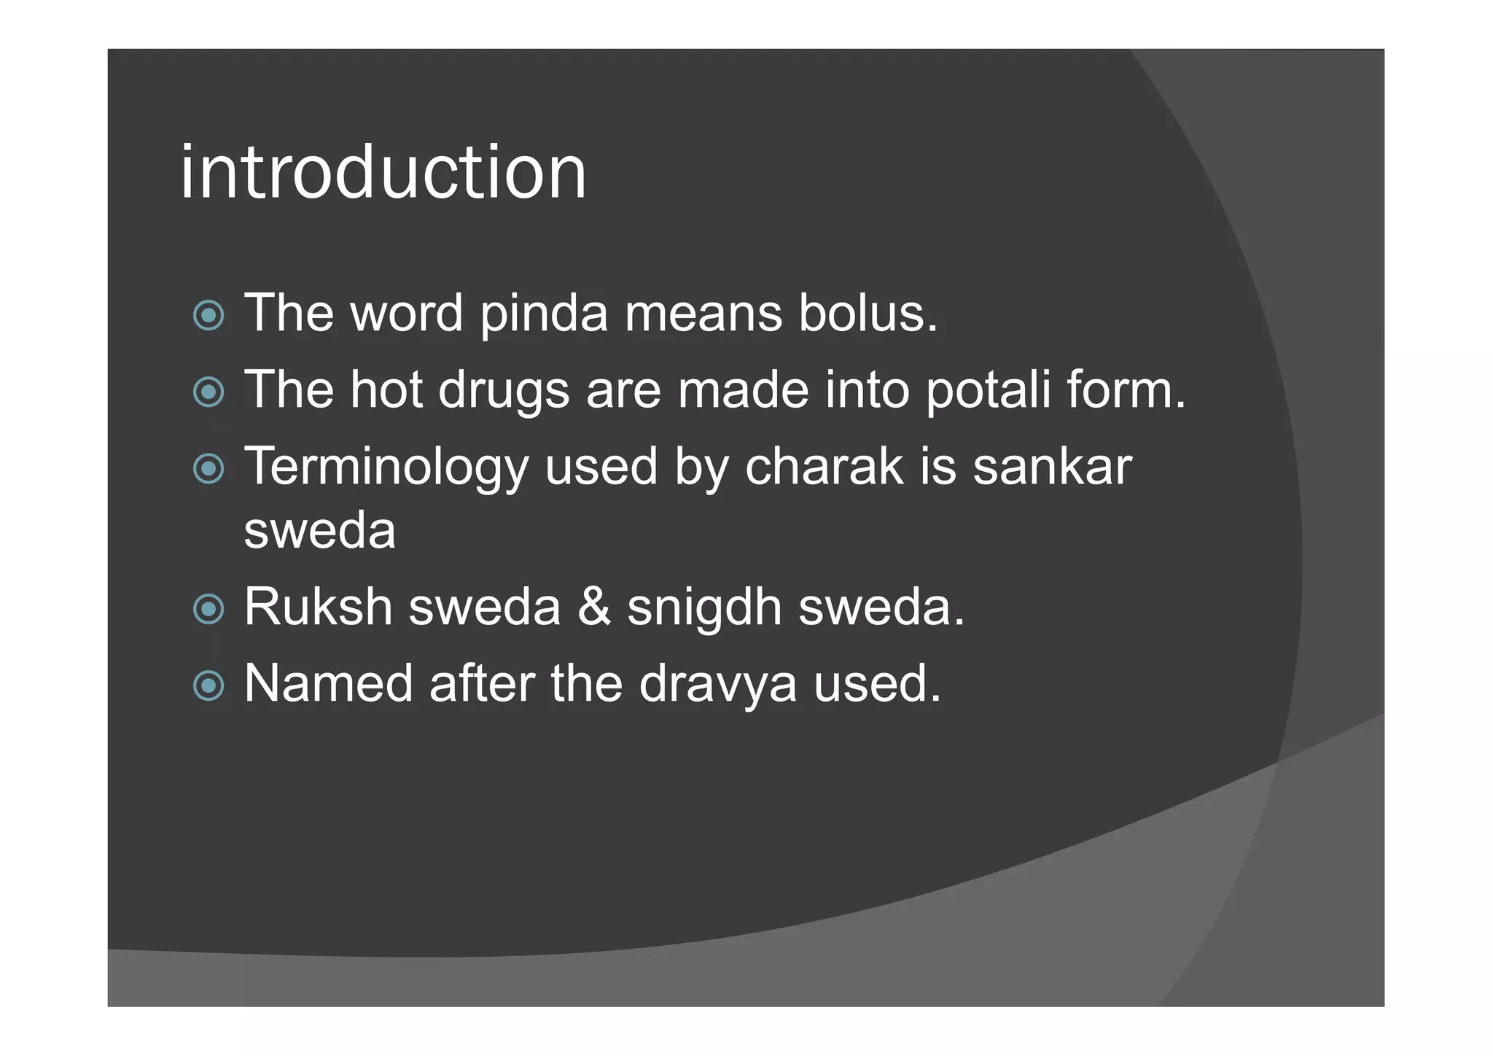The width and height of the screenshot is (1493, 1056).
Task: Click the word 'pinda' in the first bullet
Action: (544, 314)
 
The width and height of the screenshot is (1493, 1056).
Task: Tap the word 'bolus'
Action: (862, 314)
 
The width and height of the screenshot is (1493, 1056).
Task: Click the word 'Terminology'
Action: (386, 467)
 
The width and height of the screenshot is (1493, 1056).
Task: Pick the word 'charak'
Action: (824, 467)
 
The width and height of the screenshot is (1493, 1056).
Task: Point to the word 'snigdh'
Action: (704, 608)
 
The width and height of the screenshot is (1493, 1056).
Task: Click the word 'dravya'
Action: (717, 684)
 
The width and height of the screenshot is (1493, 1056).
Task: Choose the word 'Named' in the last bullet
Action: (328, 684)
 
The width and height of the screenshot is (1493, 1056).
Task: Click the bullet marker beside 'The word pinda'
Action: (208, 316)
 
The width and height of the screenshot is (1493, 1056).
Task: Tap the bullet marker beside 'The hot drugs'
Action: (208, 392)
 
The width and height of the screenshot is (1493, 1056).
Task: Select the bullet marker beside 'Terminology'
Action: (208, 469)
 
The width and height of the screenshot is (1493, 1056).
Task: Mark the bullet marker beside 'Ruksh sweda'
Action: (208, 609)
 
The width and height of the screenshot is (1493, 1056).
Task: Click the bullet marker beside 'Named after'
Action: (208, 686)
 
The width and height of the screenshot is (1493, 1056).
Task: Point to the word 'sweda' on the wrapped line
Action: (319, 530)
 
